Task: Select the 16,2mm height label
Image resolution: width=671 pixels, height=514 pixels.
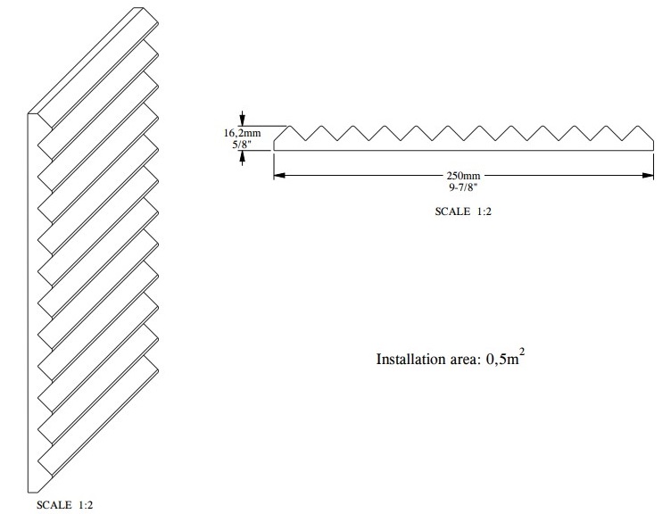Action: click(x=239, y=131)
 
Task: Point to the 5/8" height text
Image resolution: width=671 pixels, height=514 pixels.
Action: click(x=240, y=143)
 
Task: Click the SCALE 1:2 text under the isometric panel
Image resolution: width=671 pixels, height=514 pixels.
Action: click(x=63, y=505)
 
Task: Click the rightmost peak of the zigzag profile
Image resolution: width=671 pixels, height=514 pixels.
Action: click(x=622, y=126)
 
